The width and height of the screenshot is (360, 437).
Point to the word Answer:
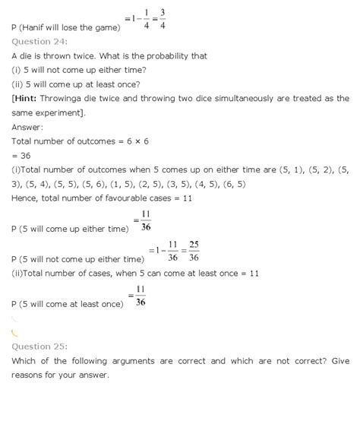pyautogui.click(x=27, y=126)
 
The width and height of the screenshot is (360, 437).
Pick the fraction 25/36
pyautogui.click(x=194, y=249)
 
